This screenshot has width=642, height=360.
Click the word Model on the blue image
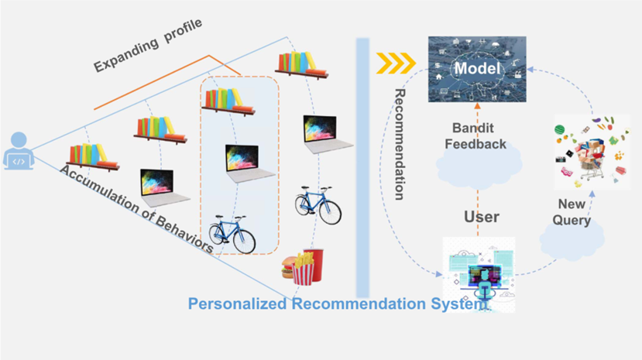[475, 69]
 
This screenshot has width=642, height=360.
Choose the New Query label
[572, 212]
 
